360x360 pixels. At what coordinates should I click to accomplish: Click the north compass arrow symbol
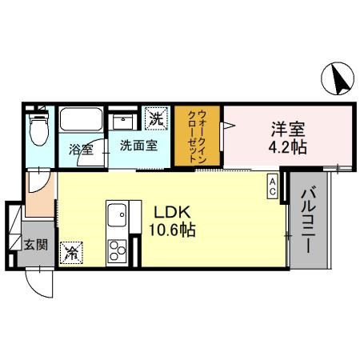pos(338,79)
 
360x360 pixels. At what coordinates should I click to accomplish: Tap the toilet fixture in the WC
pos(37,128)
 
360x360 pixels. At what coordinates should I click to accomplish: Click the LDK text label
pos(171,212)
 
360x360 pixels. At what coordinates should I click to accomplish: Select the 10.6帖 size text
pos(171,230)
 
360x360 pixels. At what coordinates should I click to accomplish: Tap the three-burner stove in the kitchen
pos(118,248)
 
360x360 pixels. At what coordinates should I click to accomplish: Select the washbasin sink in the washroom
pos(124,123)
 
